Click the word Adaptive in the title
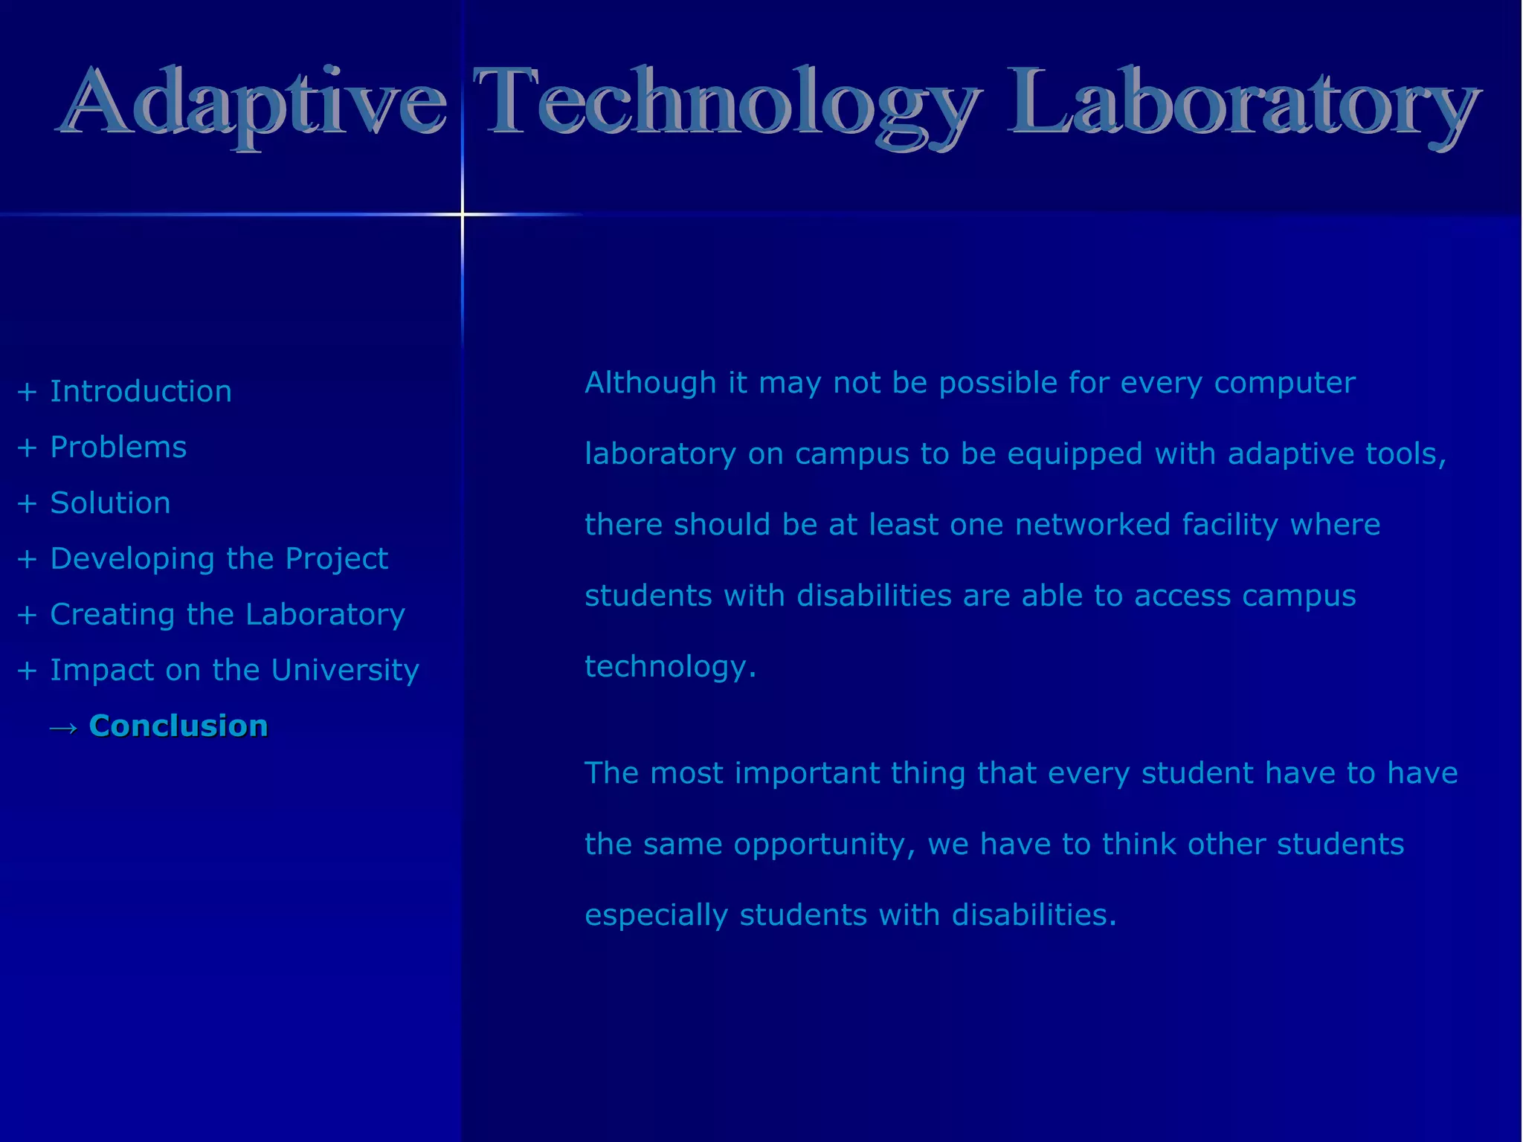pyautogui.click(x=253, y=104)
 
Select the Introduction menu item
pyautogui.click(x=141, y=392)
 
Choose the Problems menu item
pyautogui.click(x=118, y=448)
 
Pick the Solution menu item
pyautogui.click(x=110, y=503)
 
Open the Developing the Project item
pyautogui.click(x=219, y=559)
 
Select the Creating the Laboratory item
pyautogui.click(x=227, y=615)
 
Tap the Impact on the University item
pyautogui.click(x=234, y=671)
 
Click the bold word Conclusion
pyautogui.click(x=178, y=726)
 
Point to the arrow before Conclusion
pyautogui.click(x=64, y=728)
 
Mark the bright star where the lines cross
pyautogui.click(x=462, y=215)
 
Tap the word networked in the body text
pyautogui.click(x=1092, y=525)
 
